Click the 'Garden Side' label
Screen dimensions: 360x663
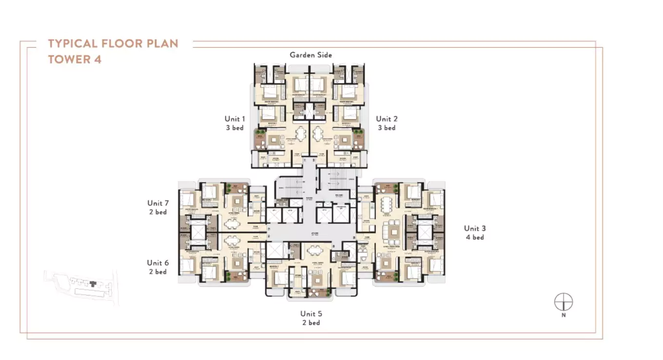pos(311,55)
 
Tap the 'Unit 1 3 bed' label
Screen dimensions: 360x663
pos(234,123)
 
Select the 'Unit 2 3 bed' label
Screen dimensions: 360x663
pos(387,123)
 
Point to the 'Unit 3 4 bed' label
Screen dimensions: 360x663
pos(474,233)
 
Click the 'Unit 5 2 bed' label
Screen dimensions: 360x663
pos(311,318)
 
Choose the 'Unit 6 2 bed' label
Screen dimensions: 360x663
pos(157,267)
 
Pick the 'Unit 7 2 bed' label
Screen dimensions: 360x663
pos(157,207)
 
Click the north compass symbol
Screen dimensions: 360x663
pos(563,302)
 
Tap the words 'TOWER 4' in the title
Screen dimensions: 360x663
pos(75,60)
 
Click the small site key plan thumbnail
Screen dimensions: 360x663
pos(81,287)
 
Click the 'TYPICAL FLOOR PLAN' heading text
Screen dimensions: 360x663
pos(113,43)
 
